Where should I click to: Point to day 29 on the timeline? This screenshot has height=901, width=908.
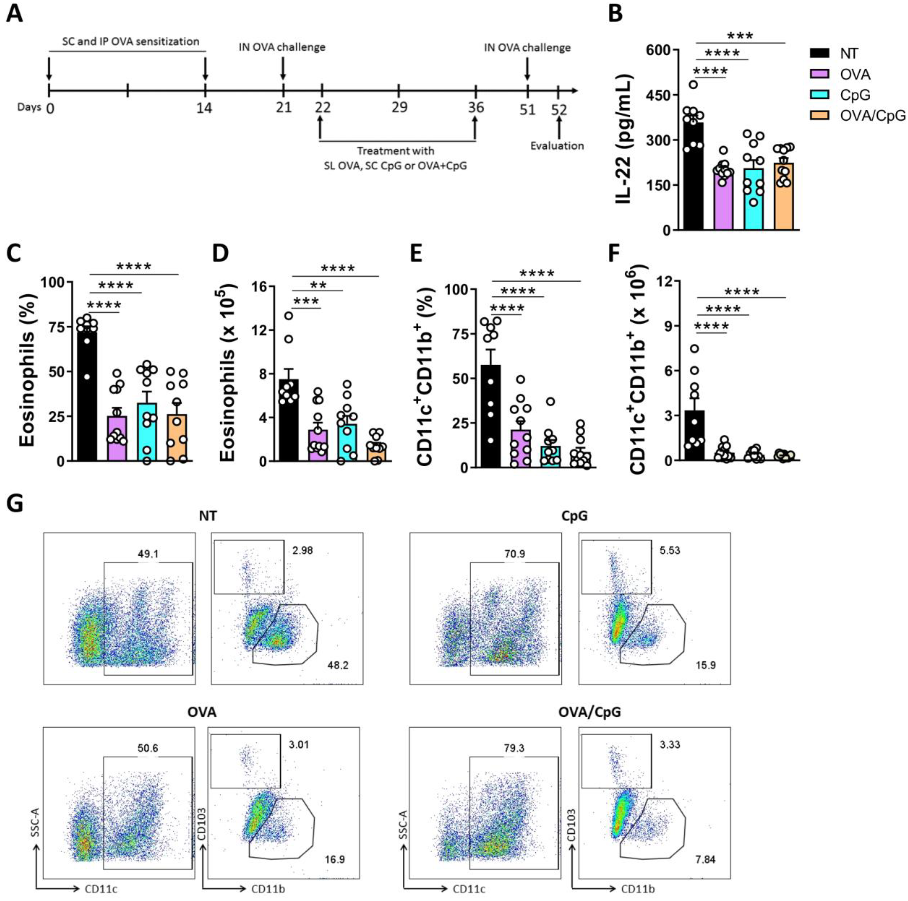click(399, 108)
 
